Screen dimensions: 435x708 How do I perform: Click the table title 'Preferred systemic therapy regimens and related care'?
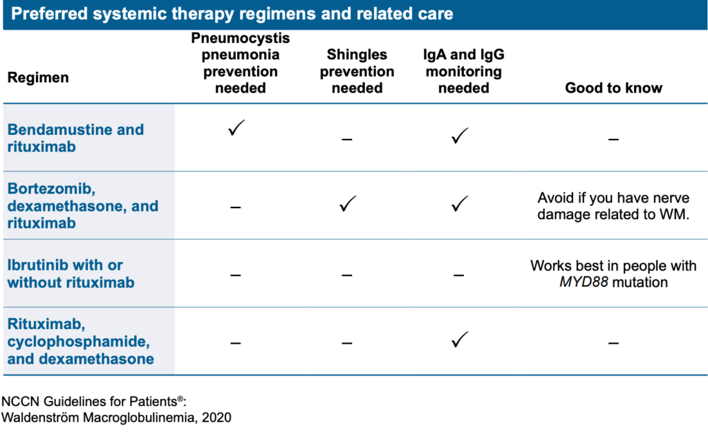coord(232,14)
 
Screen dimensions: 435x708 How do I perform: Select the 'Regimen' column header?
coord(38,77)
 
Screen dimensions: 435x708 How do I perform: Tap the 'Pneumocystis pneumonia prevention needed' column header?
coord(240,63)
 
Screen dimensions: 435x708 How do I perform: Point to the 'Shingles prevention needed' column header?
coord(357,71)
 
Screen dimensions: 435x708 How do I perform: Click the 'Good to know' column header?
coord(613,88)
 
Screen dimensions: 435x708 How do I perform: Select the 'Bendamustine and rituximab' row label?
coord(76,138)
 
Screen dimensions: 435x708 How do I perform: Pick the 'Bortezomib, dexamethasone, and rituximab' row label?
coord(83,206)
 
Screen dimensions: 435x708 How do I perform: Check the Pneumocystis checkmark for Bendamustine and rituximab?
coord(236,128)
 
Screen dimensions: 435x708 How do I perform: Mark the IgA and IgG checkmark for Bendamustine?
coord(458,136)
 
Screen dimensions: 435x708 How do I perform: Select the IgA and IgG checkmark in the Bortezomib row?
coord(458,205)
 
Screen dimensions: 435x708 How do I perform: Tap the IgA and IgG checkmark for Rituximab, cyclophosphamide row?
coord(458,340)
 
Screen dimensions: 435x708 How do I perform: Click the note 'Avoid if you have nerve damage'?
coord(613,205)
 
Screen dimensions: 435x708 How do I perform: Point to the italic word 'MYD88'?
coord(583,282)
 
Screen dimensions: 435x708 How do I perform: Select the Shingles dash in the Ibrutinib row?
coord(347,275)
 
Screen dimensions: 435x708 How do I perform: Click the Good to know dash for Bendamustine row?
coord(613,139)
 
